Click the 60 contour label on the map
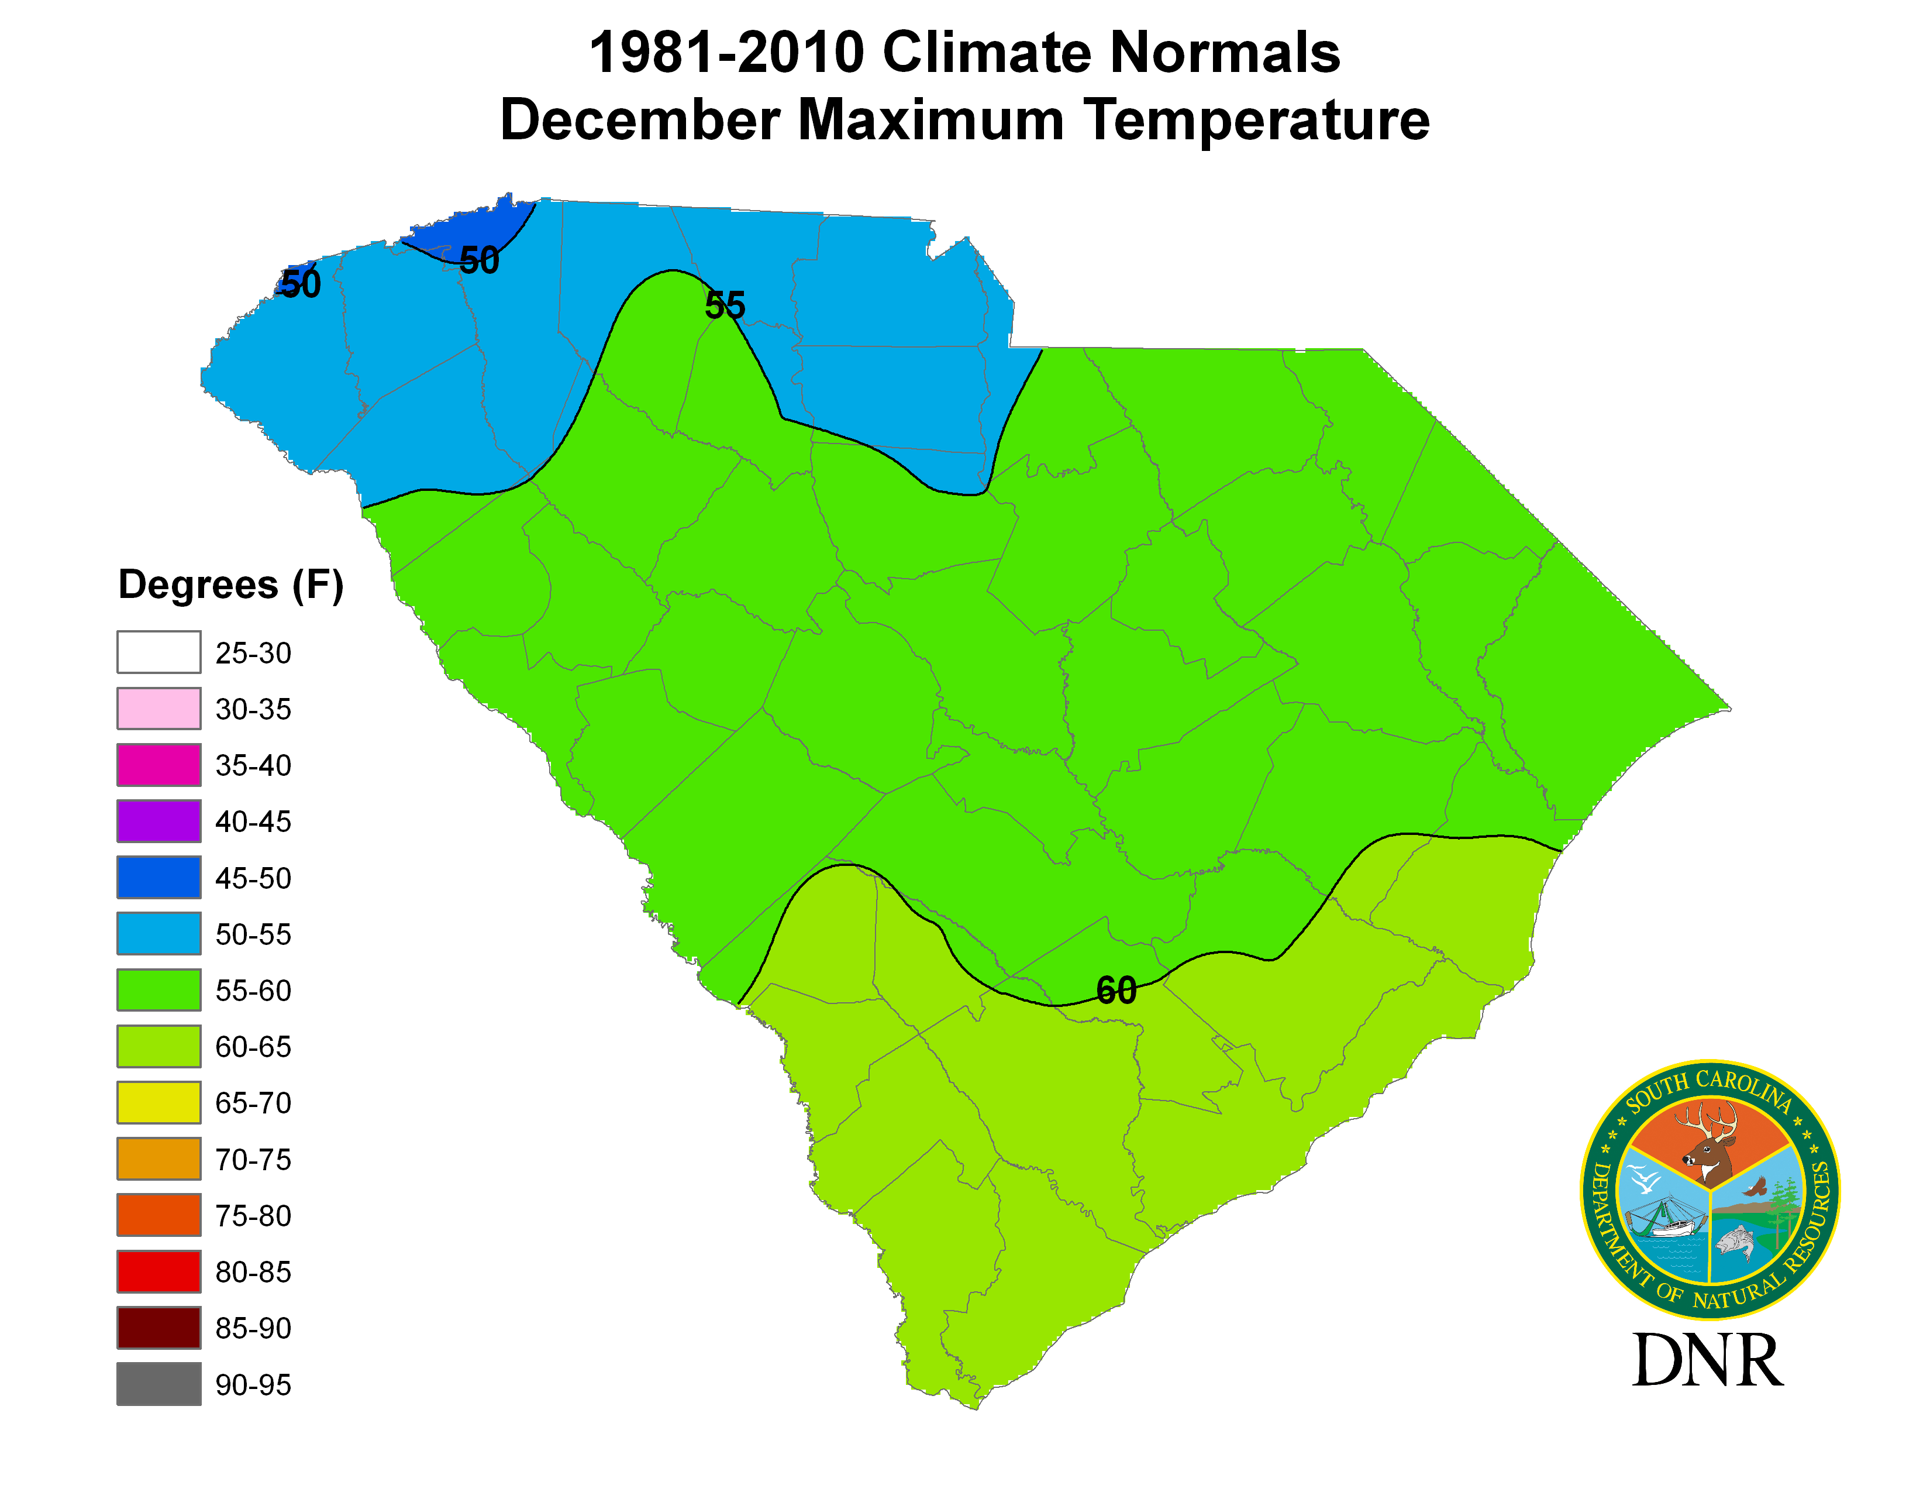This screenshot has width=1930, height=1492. [x=1116, y=990]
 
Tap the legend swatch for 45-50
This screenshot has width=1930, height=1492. [x=159, y=878]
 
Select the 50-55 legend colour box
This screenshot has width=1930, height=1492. [x=159, y=933]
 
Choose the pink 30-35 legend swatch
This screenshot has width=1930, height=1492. [x=159, y=708]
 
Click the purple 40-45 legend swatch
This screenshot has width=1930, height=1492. [x=159, y=821]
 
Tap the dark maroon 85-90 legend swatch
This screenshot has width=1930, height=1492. [x=159, y=1328]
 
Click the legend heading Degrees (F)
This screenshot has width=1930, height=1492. [x=230, y=585]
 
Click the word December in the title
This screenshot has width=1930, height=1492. [x=640, y=119]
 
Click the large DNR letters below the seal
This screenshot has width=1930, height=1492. [x=1707, y=1361]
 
